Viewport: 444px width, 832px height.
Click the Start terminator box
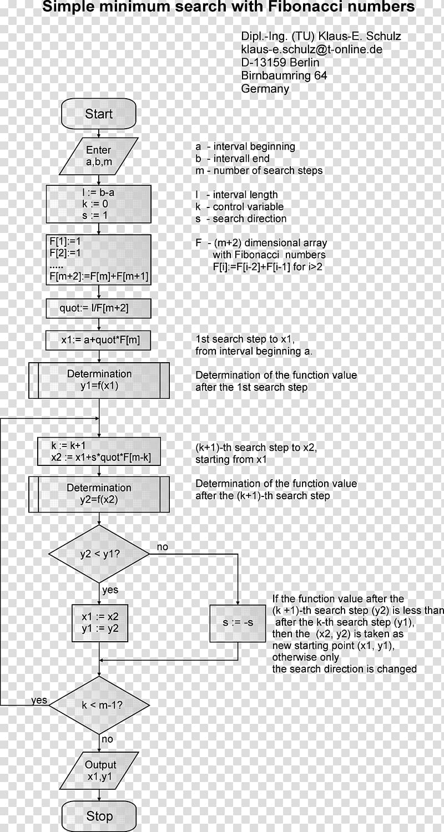[x=98, y=114]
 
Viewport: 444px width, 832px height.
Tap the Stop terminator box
[x=99, y=816]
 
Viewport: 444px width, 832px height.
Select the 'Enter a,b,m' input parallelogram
[x=99, y=156]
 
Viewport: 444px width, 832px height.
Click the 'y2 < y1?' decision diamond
[x=99, y=554]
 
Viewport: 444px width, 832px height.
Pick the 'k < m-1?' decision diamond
[x=99, y=704]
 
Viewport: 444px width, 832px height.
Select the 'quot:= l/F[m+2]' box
[x=98, y=308]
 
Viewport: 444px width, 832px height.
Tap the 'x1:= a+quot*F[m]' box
[x=98, y=340]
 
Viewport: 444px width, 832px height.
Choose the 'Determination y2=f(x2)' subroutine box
[x=99, y=494]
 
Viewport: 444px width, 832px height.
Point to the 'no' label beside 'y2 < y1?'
[x=163, y=547]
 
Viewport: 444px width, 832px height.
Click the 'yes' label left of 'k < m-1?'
[x=39, y=700]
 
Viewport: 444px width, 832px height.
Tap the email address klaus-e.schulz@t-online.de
[x=312, y=49]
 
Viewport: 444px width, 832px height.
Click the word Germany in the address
[x=265, y=89]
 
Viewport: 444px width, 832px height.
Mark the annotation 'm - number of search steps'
[x=259, y=170]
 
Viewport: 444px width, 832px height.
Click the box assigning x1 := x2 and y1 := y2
[x=99, y=623]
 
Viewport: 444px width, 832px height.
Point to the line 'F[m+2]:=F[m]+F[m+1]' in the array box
[x=99, y=276]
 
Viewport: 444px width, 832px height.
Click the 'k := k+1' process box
[x=99, y=451]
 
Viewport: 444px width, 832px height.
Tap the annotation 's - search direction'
[x=241, y=219]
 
